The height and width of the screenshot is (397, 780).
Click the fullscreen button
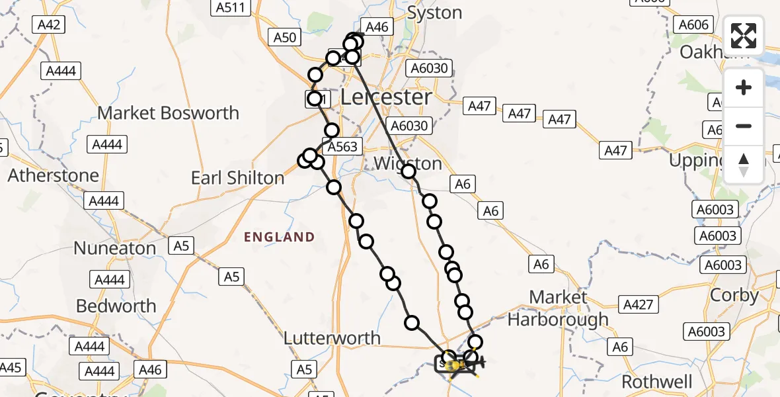(744, 36)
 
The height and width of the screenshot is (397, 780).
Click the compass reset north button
(744, 165)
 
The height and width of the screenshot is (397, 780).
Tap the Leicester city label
(386, 97)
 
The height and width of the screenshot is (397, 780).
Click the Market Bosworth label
(168, 113)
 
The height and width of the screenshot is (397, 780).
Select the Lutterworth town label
(332, 338)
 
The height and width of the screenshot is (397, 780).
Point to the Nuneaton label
(114, 248)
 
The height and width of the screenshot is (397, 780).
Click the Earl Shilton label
(237, 178)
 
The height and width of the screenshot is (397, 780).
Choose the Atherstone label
(53, 176)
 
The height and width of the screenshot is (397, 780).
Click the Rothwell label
(657, 382)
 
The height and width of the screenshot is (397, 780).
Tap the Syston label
(434, 13)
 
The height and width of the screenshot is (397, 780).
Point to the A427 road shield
(638, 304)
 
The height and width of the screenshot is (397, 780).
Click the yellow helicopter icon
(455, 365)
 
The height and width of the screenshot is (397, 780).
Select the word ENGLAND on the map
(279, 237)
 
